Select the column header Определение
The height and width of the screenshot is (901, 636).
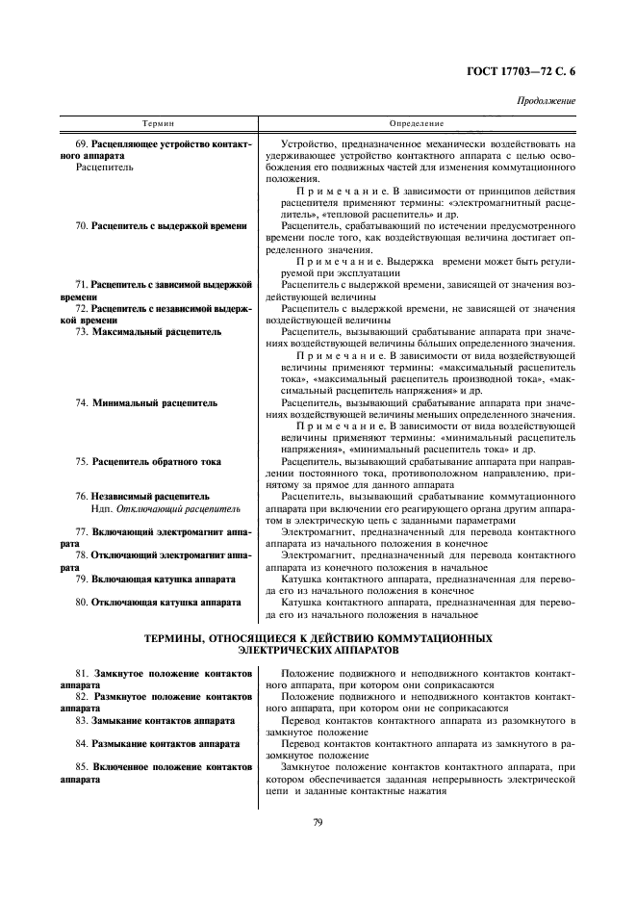(416, 124)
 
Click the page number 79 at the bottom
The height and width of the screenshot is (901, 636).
(317, 820)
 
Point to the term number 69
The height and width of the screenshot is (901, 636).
(83, 142)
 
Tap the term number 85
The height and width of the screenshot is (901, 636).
(82, 767)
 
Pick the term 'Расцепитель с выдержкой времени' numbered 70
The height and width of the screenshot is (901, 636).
(168, 226)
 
